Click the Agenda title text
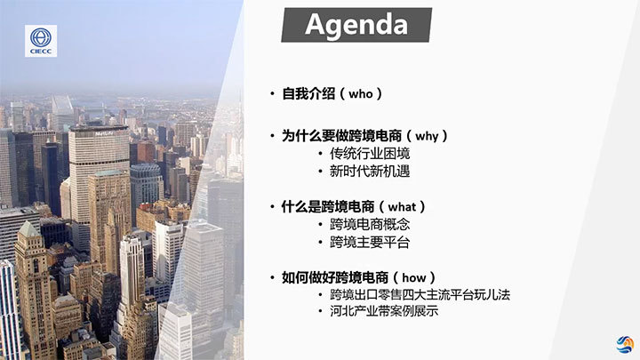[x=356, y=25]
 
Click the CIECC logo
[x=41, y=41]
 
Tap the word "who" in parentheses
[x=361, y=94]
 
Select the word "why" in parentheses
[x=427, y=136]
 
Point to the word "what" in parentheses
[x=402, y=207]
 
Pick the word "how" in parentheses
[x=414, y=278]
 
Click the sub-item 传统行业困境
[x=370, y=154]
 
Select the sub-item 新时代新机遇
[x=370, y=172]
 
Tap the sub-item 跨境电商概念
[x=370, y=225]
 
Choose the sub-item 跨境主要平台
[x=370, y=243]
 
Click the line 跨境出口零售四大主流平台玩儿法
[x=420, y=295]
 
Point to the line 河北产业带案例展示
[x=384, y=311]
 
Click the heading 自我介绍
[x=308, y=94]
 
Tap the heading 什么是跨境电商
[x=328, y=207]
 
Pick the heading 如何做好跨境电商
[x=335, y=278]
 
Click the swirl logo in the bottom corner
[x=625, y=345]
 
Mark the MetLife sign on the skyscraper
[x=106, y=133]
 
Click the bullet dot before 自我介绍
[x=272, y=94]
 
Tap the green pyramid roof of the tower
[x=28, y=229]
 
